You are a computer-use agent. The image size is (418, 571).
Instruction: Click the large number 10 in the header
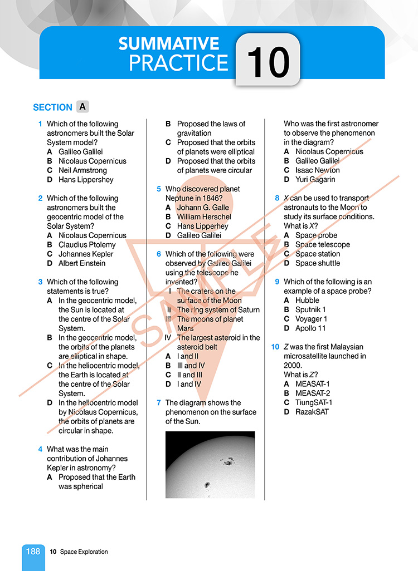268,61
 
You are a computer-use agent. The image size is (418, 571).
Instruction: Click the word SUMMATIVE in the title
168,44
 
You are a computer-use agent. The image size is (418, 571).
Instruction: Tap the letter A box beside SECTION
82,106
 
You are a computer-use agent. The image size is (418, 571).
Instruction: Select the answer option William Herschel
203,216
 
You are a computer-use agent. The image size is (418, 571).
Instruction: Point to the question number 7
159,402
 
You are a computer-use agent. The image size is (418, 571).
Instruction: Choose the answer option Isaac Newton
317,170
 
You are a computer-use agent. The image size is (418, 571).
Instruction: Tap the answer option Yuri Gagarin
315,180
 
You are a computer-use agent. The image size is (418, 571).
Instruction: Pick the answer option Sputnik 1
310,309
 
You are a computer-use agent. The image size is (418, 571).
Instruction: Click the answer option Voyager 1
311,319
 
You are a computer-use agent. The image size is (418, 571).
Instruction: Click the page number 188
33,551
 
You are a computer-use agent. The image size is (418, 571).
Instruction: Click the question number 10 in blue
275,347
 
